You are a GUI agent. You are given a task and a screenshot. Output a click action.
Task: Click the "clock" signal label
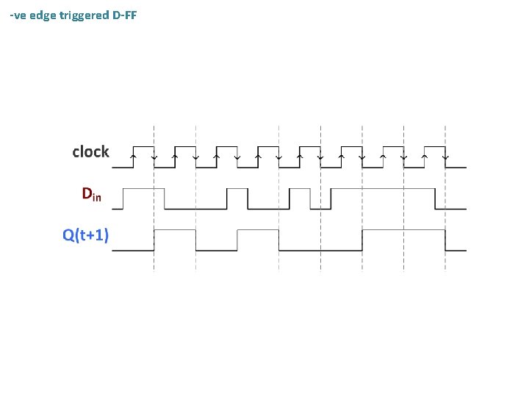90,152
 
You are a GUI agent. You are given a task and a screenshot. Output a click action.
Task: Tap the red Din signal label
91,195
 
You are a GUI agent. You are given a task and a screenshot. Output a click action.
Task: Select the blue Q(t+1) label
85,235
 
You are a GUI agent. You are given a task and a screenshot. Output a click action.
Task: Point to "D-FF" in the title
124,15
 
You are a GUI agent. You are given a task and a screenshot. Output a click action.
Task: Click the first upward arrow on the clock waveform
133,155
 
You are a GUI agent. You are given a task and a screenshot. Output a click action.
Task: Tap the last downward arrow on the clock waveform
446,157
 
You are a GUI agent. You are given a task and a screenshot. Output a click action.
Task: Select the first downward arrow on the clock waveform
154,157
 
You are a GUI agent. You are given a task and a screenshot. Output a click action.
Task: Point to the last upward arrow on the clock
425,155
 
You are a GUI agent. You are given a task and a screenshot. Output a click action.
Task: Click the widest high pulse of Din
383,190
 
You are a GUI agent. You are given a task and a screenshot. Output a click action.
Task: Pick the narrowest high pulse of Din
301,190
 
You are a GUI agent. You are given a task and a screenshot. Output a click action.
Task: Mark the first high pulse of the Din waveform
143,190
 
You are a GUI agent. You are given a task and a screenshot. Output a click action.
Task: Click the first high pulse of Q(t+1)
175,231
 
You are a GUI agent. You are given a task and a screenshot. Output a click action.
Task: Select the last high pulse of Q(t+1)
405,231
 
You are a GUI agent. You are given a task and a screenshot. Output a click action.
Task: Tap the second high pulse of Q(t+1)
259,231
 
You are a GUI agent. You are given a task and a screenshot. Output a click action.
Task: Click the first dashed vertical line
154,206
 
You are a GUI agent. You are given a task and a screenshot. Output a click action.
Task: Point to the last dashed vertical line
446,206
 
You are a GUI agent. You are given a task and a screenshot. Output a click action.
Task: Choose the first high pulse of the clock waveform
143,147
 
